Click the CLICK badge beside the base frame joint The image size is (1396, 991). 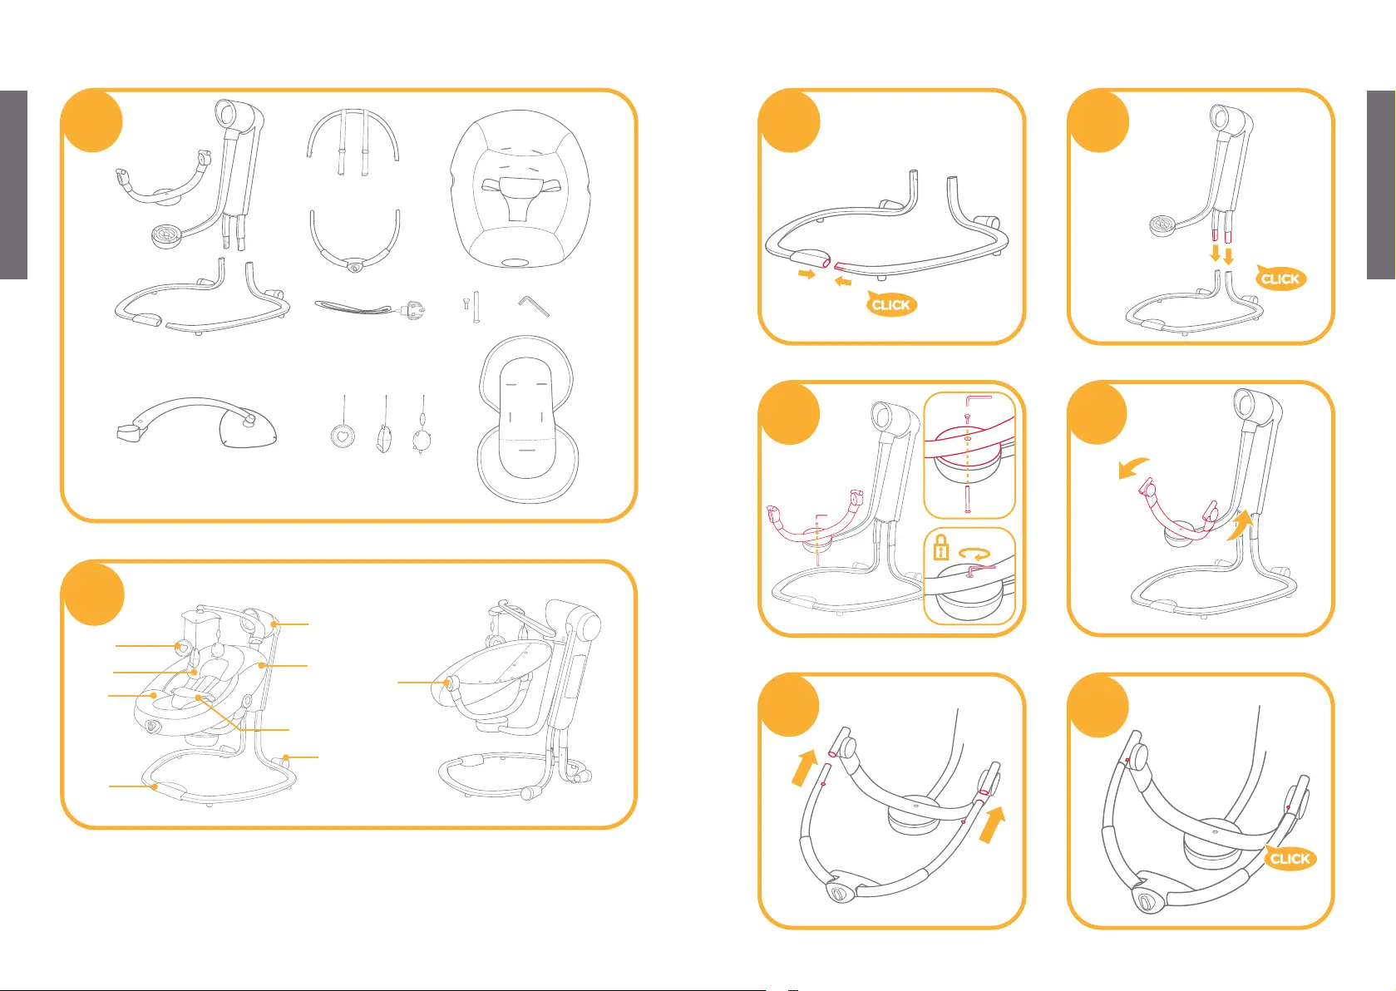coord(890,303)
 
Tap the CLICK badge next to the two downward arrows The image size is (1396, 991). coord(1280,278)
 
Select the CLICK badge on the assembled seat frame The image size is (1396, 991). coord(1290,858)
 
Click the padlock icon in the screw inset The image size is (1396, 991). coord(940,548)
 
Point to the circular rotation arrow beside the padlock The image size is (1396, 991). coord(974,554)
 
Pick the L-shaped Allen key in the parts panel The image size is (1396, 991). coord(534,305)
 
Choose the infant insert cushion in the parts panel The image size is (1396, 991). coord(526,419)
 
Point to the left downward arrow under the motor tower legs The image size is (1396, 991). coord(1216,253)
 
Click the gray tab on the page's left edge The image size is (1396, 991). coord(13,185)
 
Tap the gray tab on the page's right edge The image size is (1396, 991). coord(1381,185)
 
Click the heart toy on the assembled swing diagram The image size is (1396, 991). coord(183,647)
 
